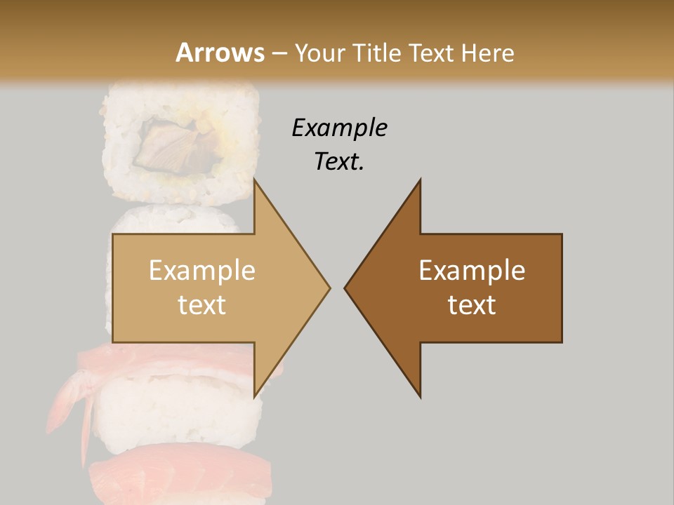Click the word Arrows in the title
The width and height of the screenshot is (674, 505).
(220, 53)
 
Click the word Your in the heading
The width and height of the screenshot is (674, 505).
(319, 53)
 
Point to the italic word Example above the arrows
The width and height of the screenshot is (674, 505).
(339, 128)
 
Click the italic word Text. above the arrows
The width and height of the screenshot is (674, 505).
(339, 162)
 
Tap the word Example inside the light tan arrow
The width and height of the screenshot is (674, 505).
(202, 271)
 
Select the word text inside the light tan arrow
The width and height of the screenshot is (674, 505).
(202, 305)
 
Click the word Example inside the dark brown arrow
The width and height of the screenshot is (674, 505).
(472, 271)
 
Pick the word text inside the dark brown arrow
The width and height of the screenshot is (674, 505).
(472, 305)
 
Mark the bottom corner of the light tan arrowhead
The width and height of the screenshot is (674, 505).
(254, 396)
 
